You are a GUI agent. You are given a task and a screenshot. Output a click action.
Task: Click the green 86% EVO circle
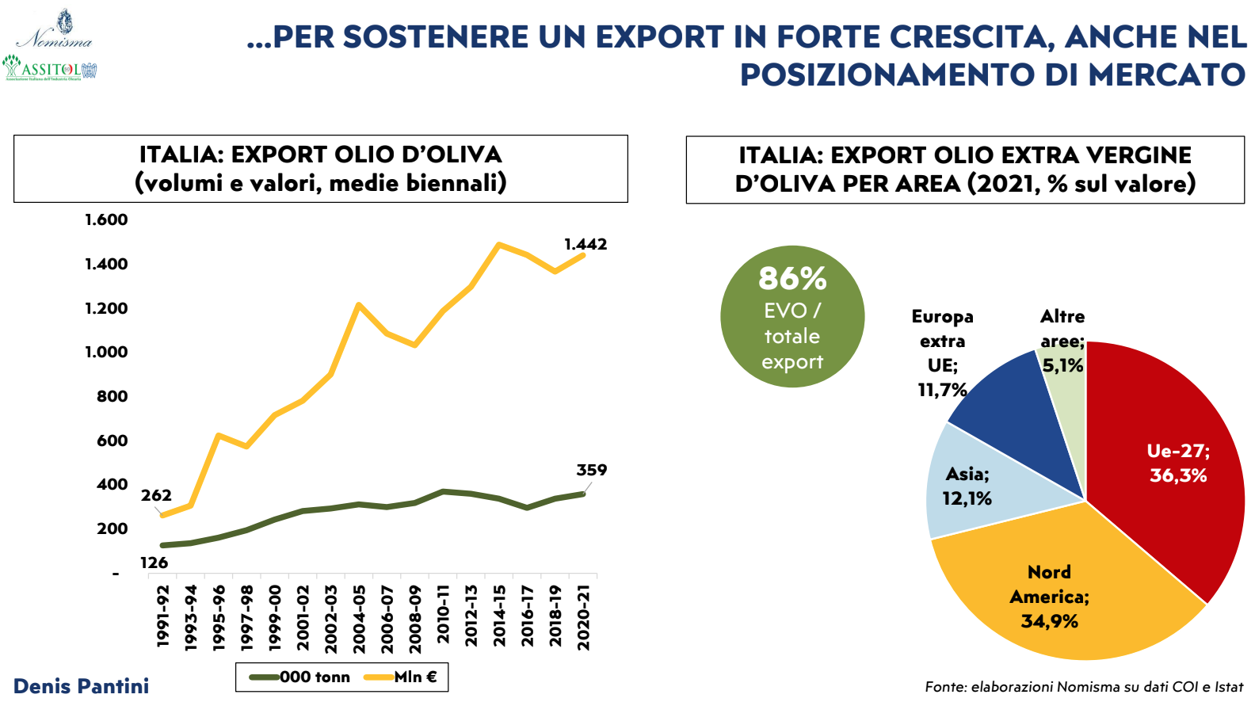coord(792,317)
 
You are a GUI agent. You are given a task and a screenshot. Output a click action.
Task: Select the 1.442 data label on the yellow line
coord(586,244)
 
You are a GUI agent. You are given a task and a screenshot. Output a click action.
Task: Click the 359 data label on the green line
coord(591,470)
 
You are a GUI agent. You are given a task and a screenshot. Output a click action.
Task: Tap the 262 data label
coord(156,495)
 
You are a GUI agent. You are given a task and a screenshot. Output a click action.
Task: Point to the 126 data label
coord(154,563)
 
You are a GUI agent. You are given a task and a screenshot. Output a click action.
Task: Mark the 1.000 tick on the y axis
coord(106,352)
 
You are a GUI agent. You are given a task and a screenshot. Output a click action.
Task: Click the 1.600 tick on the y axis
coord(106,219)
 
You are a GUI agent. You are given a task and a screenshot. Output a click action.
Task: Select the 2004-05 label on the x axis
coord(359,619)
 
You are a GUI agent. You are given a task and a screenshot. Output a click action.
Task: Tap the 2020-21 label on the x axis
coord(584,617)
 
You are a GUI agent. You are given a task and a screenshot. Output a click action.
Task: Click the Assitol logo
coord(49,68)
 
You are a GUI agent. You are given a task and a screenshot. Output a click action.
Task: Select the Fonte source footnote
coord(1084,687)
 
